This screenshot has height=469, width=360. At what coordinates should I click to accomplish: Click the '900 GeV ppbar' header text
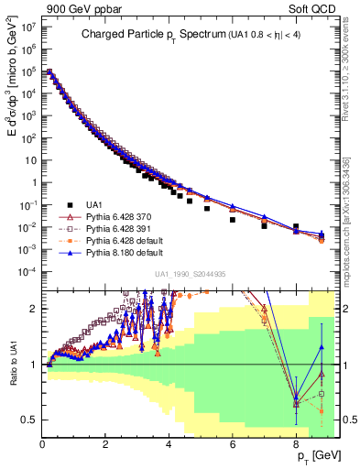coord(76,8)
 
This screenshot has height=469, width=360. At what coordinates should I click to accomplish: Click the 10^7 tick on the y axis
coord(27,27)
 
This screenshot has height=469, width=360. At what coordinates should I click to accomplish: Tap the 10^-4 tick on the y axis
coord(27,272)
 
